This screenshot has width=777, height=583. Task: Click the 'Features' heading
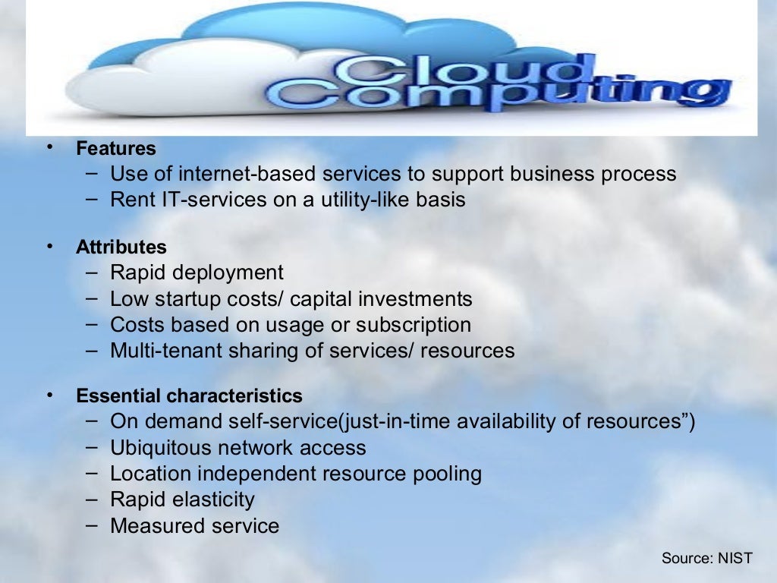coord(115,148)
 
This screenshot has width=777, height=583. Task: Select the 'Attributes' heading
coord(121,247)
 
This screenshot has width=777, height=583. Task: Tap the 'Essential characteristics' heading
coord(189,395)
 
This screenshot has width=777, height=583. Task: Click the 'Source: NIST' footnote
coord(706,558)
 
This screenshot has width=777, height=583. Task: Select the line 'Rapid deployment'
coord(197,273)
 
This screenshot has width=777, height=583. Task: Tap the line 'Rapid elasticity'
coord(182,499)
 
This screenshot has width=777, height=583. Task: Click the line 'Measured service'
coord(194,525)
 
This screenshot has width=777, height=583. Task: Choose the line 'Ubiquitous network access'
coord(238,448)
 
